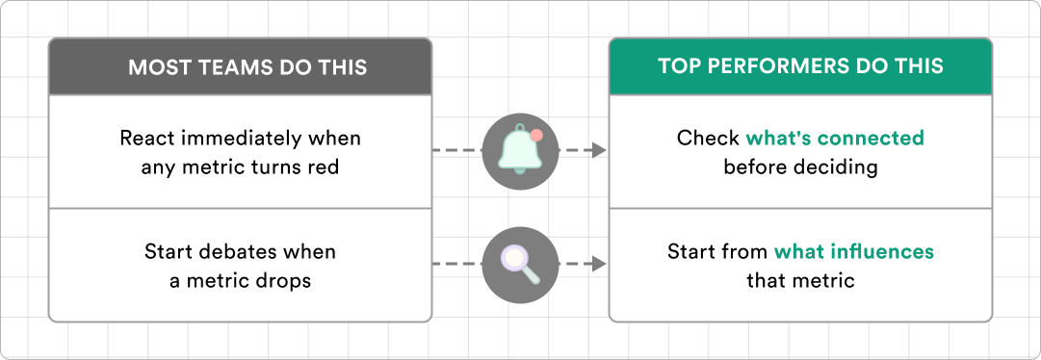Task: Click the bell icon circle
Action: (x=520, y=151)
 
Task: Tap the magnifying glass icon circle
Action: (x=520, y=265)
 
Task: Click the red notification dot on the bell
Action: (x=536, y=136)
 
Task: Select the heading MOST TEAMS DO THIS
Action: (x=247, y=67)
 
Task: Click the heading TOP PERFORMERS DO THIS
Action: (x=800, y=66)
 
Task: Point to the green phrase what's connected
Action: (x=835, y=139)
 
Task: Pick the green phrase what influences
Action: (x=854, y=252)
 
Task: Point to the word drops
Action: (x=288, y=281)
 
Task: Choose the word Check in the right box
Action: (x=709, y=139)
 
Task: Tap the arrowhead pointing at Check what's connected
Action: (x=600, y=151)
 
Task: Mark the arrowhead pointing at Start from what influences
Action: (x=600, y=265)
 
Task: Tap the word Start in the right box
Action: (x=690, y=252)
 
